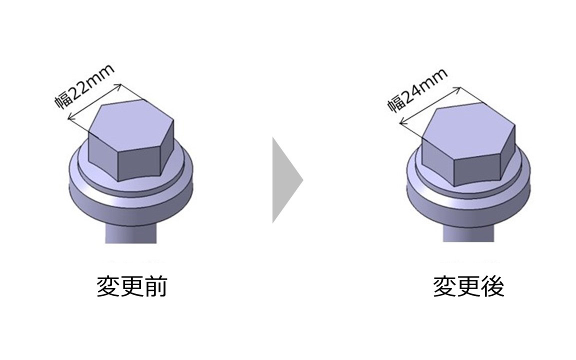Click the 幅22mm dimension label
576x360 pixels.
tap(84, 86)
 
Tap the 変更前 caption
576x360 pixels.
tap(132, 286)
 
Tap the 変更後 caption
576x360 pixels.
tap(468, 286)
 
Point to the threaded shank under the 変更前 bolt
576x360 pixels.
tap(131, 233)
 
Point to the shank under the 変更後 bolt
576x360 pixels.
tap(468, 232)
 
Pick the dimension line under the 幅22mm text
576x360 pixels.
tap(95, 102)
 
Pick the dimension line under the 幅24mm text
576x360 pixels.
tap(430, 105)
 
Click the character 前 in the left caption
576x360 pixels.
tap(156, 286)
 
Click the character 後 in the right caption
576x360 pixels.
tap(493, 286)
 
